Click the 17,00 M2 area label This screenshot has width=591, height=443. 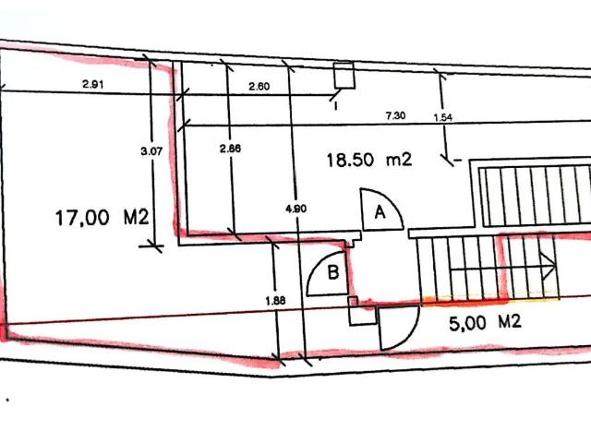click(x=103, y=218)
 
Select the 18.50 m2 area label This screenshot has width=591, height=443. click(x=369, y=160)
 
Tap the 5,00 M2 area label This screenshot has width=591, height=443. click(x=485, y=323)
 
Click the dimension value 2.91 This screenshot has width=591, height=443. click(x=92, y=84)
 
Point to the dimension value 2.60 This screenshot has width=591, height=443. click(x=259, y=87)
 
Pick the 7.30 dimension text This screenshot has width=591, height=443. click(x=395, y=115)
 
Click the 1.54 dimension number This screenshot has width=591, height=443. click(x=443, y=118)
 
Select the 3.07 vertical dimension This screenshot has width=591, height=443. click(x=151, y=151)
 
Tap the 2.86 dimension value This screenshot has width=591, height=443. click(x=230, y=149)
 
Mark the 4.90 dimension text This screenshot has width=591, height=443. click(x=296, y=209)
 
